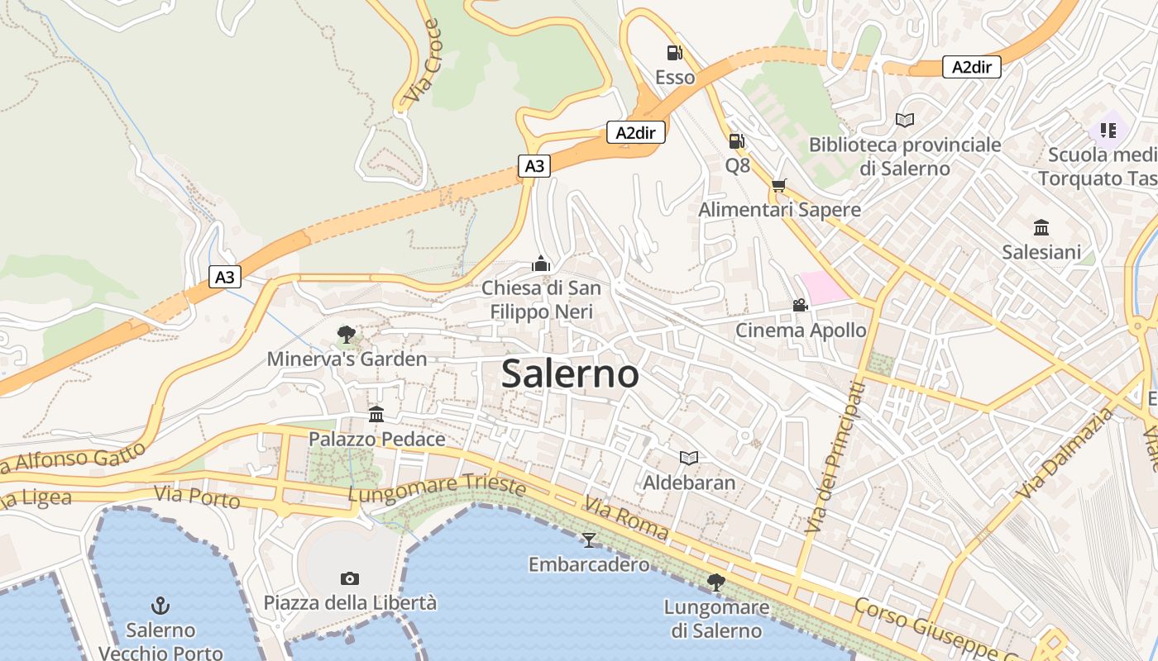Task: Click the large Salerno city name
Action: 570,373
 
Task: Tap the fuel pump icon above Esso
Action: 675,53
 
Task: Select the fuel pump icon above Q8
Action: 736,141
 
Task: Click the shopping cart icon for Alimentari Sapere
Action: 778,186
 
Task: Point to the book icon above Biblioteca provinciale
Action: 905,121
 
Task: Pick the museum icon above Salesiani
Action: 1041,227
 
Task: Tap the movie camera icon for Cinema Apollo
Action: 800,306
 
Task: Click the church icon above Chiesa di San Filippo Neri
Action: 541,264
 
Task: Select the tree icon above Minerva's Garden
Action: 347,335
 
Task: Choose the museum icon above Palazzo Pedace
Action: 376,414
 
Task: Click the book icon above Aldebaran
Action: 689,458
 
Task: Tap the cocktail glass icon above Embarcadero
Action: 589,540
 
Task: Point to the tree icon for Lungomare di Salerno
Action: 716,583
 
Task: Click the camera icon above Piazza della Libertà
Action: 350,578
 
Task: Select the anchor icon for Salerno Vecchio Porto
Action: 160,606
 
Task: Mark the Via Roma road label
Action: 625,519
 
